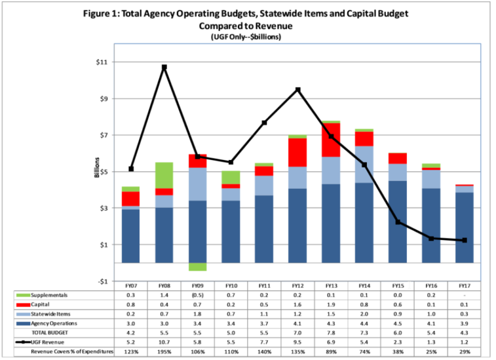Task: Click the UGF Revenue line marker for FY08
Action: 164,67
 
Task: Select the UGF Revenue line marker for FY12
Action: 298,90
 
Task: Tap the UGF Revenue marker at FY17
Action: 464,241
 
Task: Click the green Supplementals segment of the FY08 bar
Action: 164,175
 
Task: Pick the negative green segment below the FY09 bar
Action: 197,267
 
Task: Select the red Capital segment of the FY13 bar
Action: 331,140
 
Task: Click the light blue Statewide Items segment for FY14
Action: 364,164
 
